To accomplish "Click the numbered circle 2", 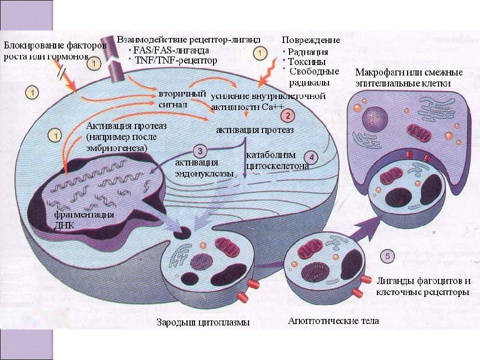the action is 288,115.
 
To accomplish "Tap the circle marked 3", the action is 200,150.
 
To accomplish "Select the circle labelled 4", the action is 311,157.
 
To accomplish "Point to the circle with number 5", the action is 387,256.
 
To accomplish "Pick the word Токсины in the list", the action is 306,62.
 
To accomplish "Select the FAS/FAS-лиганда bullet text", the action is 171,50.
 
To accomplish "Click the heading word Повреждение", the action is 311,40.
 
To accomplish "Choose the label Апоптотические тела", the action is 333,321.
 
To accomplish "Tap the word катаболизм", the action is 271,155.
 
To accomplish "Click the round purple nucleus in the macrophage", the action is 375,118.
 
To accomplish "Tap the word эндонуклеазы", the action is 204,173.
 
